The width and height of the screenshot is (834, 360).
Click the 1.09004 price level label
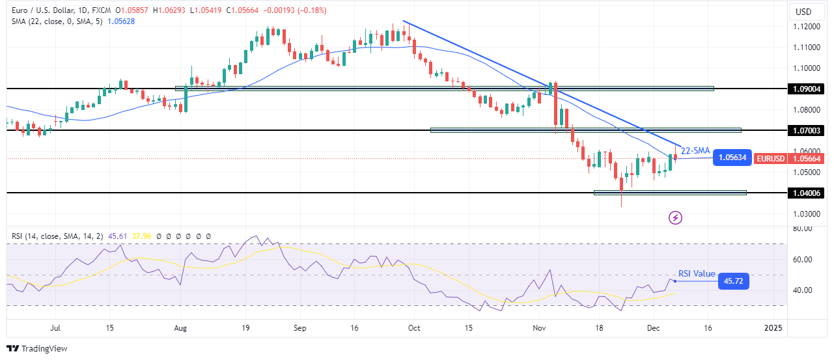tap(808, 89)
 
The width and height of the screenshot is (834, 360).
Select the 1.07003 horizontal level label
tap(808, 131)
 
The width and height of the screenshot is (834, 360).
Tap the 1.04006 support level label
tap(808, 193)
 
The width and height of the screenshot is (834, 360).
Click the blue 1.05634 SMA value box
tap(732, 157)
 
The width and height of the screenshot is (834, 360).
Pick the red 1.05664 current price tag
tap(808, 158)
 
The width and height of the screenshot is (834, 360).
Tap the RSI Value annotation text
tap(696, 274)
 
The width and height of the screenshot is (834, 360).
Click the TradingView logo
tap(37, 348)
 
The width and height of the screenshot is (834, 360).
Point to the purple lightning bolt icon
tap(675, 217)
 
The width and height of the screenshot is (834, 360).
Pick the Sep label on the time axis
tap(300, 327)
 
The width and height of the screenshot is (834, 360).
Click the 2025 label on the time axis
tap(773, 327)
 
